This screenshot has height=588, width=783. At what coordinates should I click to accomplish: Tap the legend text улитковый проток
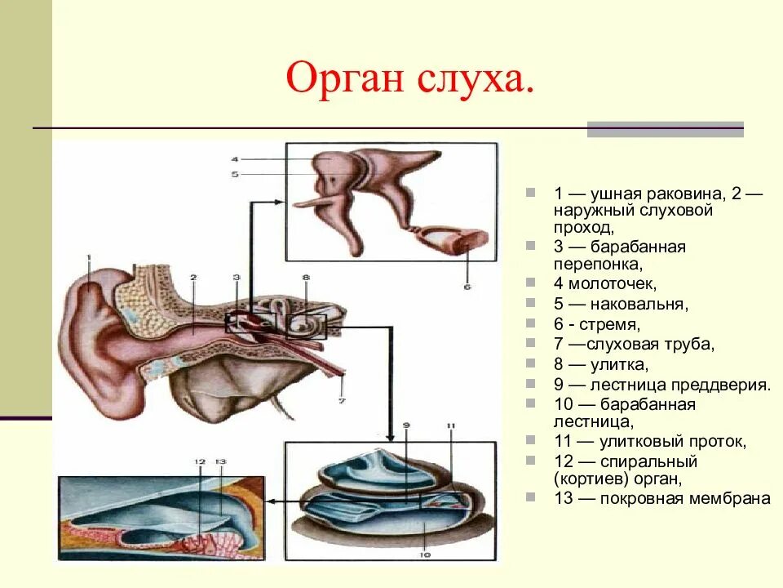point(673,442)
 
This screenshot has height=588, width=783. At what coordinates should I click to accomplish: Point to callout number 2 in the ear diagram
point(193,278)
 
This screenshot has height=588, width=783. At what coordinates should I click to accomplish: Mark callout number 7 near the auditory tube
point(343,400)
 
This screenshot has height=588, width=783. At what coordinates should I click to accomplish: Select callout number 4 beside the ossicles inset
point(234,158)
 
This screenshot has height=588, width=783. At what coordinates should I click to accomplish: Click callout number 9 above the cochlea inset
point(406,426)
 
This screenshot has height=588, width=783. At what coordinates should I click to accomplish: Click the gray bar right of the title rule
point(665,129)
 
